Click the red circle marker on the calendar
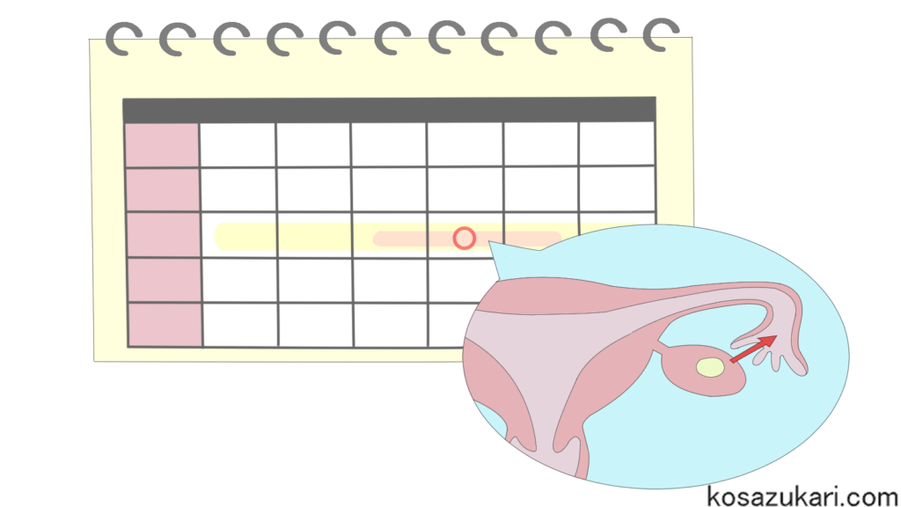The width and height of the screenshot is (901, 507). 465,238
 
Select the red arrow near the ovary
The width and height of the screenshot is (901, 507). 753,349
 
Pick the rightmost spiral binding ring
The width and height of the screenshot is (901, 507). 661,34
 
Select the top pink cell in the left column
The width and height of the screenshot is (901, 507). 162,144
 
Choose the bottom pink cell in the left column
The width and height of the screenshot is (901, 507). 165,324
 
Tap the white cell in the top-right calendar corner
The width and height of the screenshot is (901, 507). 617,143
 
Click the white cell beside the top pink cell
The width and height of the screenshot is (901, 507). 238,144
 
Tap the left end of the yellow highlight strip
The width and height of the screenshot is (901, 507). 222,236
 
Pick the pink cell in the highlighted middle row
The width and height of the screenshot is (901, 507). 164,235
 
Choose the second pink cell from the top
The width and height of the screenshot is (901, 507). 163,189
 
